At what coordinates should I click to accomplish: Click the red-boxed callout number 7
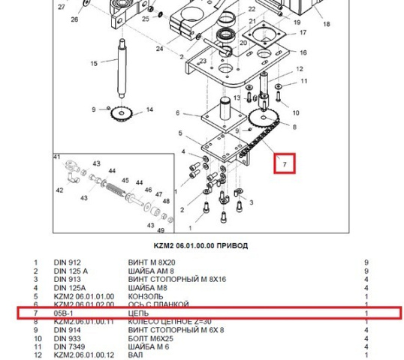pyautogui.click(x=285, y=163)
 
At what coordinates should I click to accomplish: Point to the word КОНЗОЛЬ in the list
pyautogui.click(x=146, y=296)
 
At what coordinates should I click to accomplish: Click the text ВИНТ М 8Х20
pyautogui.click(x=149, y=262)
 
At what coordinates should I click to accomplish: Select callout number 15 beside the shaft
pyautogui.click(x=94, y=64)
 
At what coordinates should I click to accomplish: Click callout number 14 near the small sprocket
pyautogui.click(x=149, y=110)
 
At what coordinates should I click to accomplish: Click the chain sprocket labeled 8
pyautogui.click(x=259, y=118)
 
